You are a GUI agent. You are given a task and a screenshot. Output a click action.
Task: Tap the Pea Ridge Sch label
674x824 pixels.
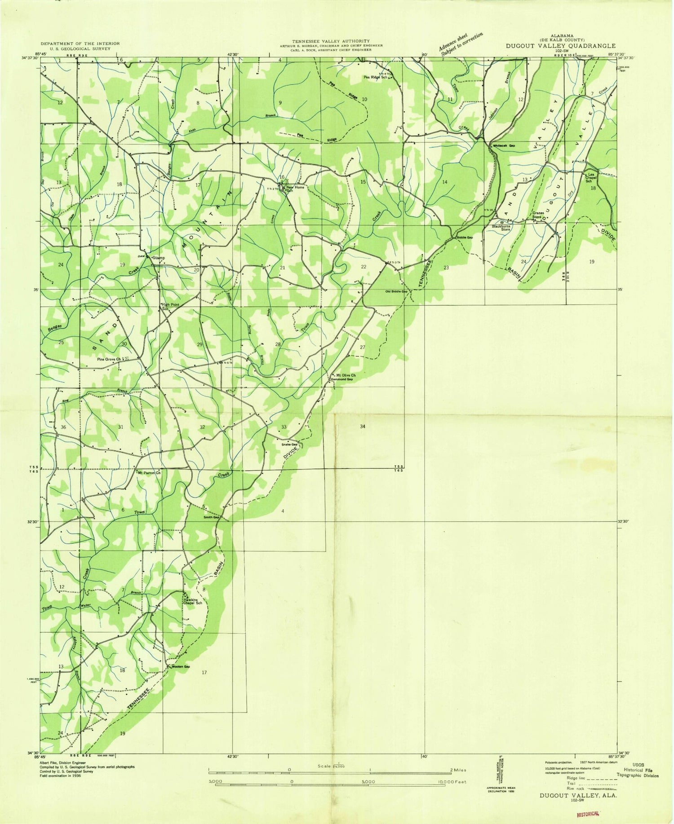[x=375, y=77]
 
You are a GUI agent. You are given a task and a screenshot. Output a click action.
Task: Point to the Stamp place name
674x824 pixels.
[x=159, y=258]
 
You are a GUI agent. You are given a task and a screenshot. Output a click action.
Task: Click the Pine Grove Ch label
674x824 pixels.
[x=109, y=359]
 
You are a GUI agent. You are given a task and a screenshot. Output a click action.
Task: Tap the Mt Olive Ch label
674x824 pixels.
[x=346, y=375]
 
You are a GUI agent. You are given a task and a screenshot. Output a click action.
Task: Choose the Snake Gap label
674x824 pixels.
[x=290, y=445]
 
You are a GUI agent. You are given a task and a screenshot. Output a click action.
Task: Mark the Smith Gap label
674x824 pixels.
[x=211, y=517]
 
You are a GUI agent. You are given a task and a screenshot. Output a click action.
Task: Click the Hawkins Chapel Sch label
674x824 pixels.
[x=192, y=601]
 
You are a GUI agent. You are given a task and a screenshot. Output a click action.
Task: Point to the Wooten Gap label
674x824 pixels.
[x=180, y=666]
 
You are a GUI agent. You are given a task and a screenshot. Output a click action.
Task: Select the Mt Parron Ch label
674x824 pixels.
[x=149, y=473]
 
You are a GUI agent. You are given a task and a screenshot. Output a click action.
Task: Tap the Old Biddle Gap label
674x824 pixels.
[x=396, y=291]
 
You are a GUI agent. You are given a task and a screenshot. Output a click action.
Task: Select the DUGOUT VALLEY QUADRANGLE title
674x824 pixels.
[x=560, y=45]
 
